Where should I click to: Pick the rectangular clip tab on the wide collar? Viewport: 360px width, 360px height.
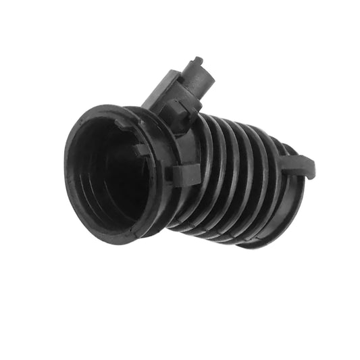(184, 174)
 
